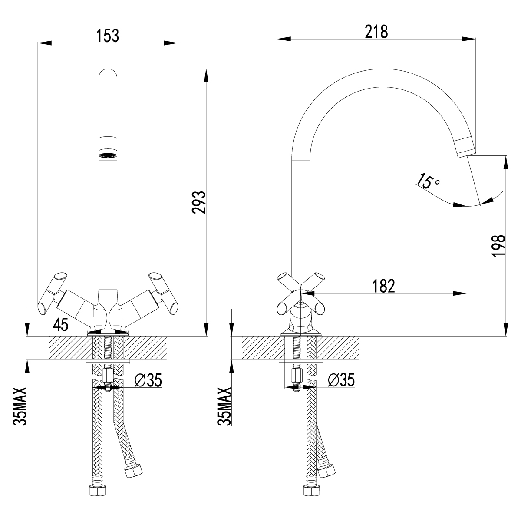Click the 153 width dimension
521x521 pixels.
pos(108,36)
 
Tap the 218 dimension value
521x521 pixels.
pos(376,32)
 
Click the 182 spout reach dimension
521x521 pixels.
pos(383,286)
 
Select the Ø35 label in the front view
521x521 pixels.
pos(148,380)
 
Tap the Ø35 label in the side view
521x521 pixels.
pos(342,380)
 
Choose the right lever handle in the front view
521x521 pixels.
pos(163,293)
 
